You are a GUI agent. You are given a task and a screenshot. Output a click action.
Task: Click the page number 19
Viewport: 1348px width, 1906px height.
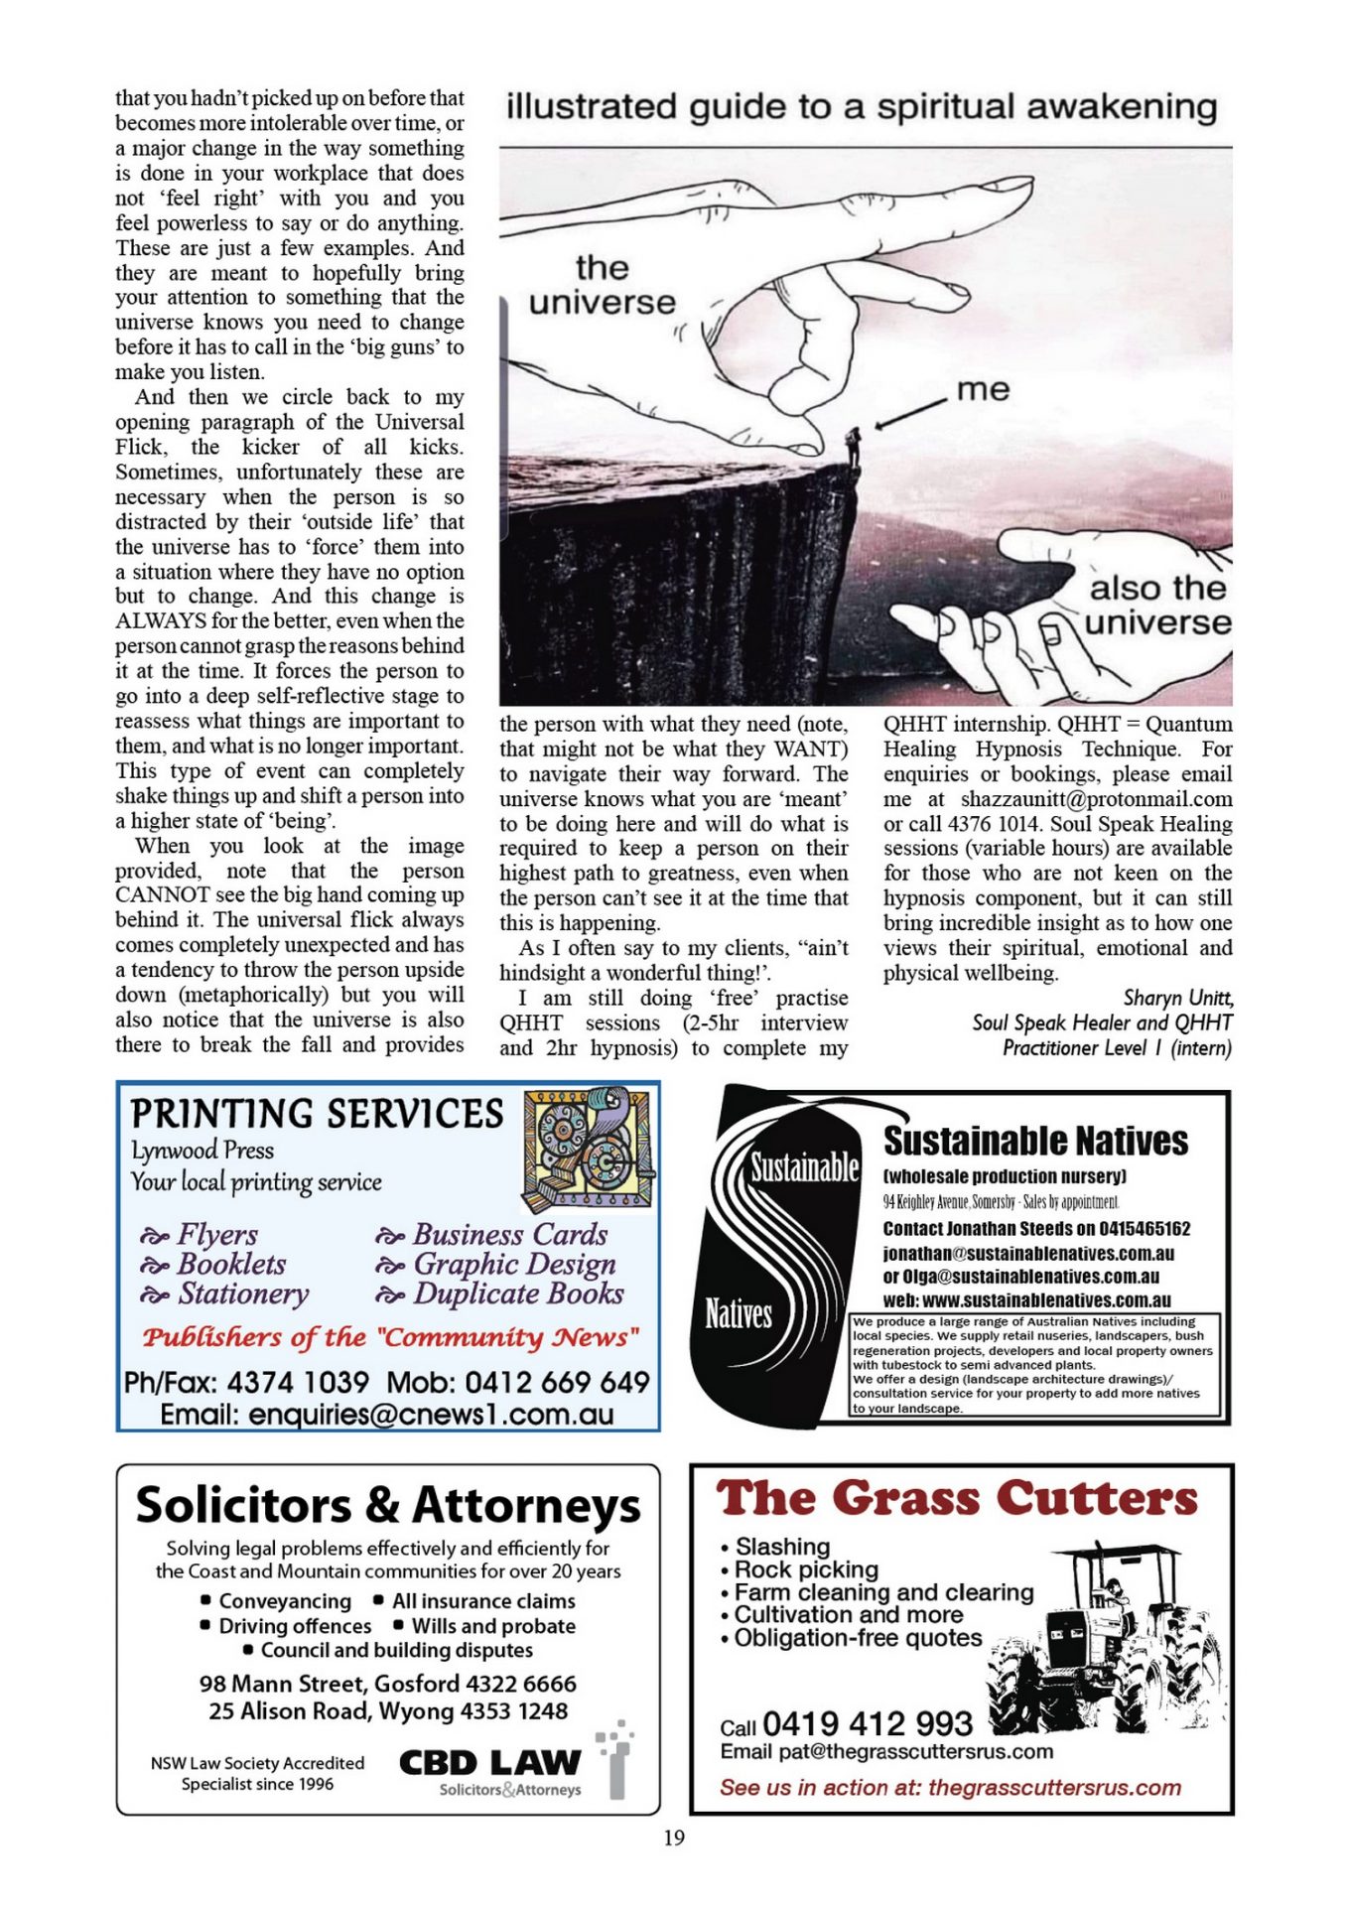pyautogui.click(x=674, y=1838)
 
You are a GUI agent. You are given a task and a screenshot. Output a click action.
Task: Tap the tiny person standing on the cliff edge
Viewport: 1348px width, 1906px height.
pyautogui.click(x=852, y=446)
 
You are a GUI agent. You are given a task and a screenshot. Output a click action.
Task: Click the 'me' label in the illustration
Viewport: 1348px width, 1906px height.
pyautogui.click(x=983, y=389)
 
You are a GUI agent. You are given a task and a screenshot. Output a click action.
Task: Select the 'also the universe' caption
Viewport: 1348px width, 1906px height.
pyautogui.click(x=1157, y=606)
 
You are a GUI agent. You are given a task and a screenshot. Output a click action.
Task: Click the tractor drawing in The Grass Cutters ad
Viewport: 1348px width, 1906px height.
pyautogui.click(x=1102, y=1638)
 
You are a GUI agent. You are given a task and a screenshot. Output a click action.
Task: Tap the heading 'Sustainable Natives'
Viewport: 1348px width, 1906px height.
pyautogui.click(x=1035, y=1141)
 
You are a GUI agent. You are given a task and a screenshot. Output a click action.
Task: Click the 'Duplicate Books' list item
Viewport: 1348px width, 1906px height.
pyautogui.click(x=518, y=1293)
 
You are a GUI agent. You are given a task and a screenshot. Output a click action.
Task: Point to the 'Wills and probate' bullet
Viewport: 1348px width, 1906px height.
pyautogui.click(x=493, y=1626)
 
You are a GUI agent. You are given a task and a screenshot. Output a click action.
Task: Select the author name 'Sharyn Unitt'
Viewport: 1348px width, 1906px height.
pyautogui.click(x=1177, y=998)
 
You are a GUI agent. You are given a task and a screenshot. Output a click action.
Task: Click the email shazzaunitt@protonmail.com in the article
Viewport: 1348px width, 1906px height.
pyautogui.click(x=1096, y=799)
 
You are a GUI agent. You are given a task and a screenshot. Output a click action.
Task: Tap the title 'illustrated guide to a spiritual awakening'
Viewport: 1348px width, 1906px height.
pyautogui.click(x=861, y=107)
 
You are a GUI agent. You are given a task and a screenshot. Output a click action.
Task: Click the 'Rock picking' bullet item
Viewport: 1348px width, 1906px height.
pyautogui.click(x=806, y=1569)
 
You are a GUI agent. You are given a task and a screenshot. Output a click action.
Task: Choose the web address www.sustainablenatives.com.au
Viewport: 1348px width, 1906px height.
pyautogui.click(x=1046, y=1300)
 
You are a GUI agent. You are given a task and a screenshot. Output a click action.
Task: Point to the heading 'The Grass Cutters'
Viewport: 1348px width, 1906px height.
pyautogui.click(x=957, y=1498)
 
